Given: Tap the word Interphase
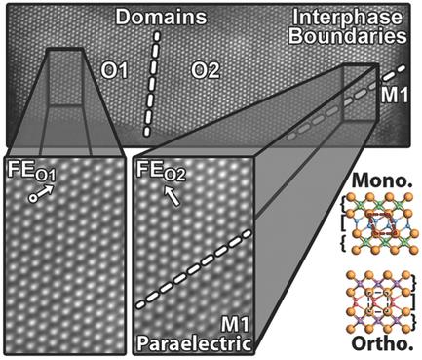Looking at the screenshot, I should pos(362,19).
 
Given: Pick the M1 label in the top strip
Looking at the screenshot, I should pos(392,95).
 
